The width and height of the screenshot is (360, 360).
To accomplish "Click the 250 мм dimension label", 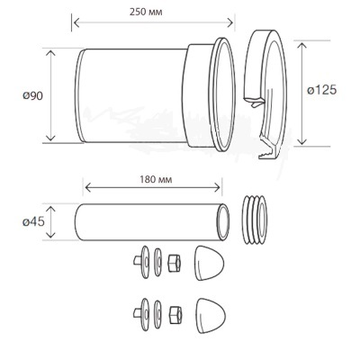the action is (146, 12).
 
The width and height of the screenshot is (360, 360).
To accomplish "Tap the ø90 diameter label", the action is (33, 96).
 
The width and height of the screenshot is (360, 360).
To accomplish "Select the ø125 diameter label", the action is (322, 90).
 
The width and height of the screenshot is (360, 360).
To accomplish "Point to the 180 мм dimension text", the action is (156, 179).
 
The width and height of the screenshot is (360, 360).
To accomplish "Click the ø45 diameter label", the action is (34, 222).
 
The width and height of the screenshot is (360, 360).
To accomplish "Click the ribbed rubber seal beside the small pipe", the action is (255, 220).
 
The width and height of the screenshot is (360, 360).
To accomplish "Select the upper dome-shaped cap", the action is (209, 263).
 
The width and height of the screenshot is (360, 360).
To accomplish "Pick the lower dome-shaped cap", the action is (211, 316).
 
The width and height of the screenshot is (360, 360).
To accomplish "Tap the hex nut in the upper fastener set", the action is (175, 263).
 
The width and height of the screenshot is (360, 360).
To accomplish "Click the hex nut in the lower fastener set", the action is (175, 315).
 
